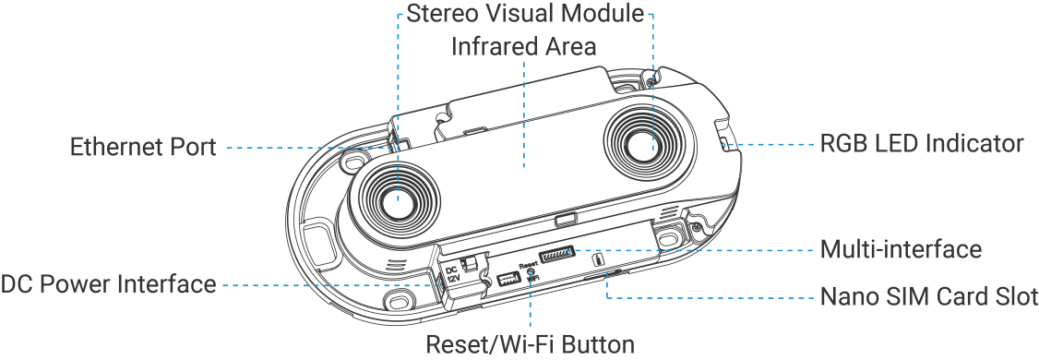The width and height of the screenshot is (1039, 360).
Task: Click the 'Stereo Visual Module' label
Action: point(525,13)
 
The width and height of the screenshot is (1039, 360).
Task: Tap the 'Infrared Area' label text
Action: point(523,46)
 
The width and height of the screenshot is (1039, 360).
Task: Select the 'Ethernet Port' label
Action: point(143,147)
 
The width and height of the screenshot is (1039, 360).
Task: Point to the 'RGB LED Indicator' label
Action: point(922,143)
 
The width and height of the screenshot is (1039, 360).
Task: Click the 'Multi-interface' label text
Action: point(901,249)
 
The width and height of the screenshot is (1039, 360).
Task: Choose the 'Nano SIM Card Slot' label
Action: point(929,296)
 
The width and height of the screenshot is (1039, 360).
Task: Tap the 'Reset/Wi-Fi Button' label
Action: point(530,344)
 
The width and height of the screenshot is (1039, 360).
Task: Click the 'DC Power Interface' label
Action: point(108,283)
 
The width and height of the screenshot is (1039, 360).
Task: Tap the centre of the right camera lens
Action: point(640,145)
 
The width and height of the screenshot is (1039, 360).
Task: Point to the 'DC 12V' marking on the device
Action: point(452,274)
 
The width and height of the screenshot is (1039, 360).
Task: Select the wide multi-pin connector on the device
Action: point(557,255)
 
